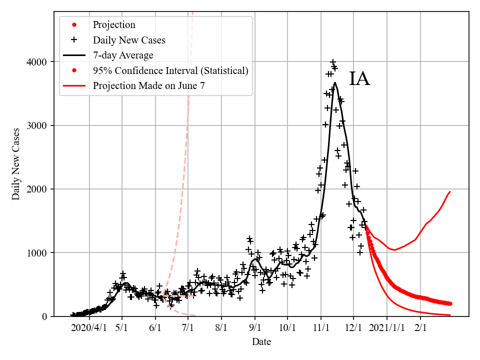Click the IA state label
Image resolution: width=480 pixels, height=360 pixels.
coord(359,79)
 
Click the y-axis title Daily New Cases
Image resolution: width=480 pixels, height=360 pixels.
coord(16,163)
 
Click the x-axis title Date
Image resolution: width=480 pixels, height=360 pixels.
coord(261,342)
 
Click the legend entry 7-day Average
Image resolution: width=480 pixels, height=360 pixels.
coord(123,55)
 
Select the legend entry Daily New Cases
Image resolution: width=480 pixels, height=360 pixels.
coord(129,40)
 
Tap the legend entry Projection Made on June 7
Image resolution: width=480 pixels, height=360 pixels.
coord(148,86)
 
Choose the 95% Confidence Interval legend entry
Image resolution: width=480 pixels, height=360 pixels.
coord(170,70)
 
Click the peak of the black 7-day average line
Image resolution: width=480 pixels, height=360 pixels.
coord(335,83)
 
